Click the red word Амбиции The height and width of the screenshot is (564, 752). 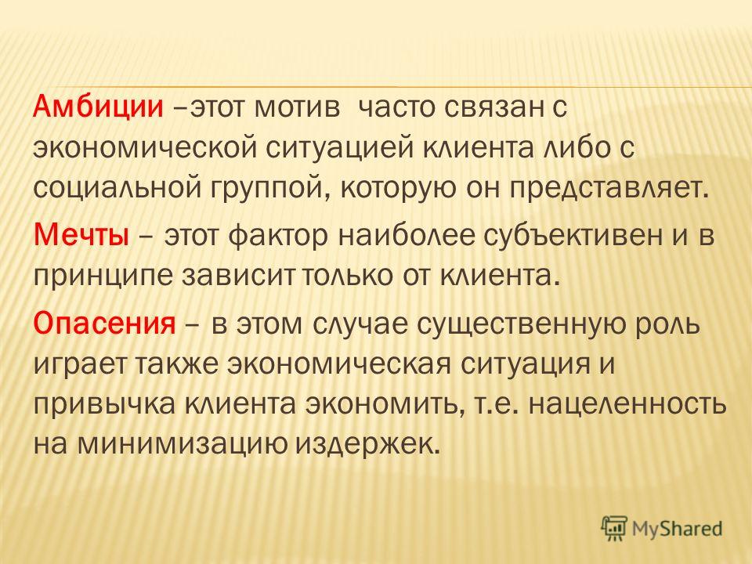pyautogui.click(x=99, y=107)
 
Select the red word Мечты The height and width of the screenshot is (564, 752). pyautogui.click(x=81, y=237)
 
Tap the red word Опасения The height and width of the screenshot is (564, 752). pyautogui.click(x=104, y=324)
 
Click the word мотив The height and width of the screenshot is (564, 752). pyautogui.click(x=297, y=107)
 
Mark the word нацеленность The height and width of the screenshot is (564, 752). pyautogui.click(x=627, y=405)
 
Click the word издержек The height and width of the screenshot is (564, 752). pyautogui.click(x=367, y=445)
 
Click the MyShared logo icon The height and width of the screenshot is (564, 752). pyautogui.click(x=614, y=529)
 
